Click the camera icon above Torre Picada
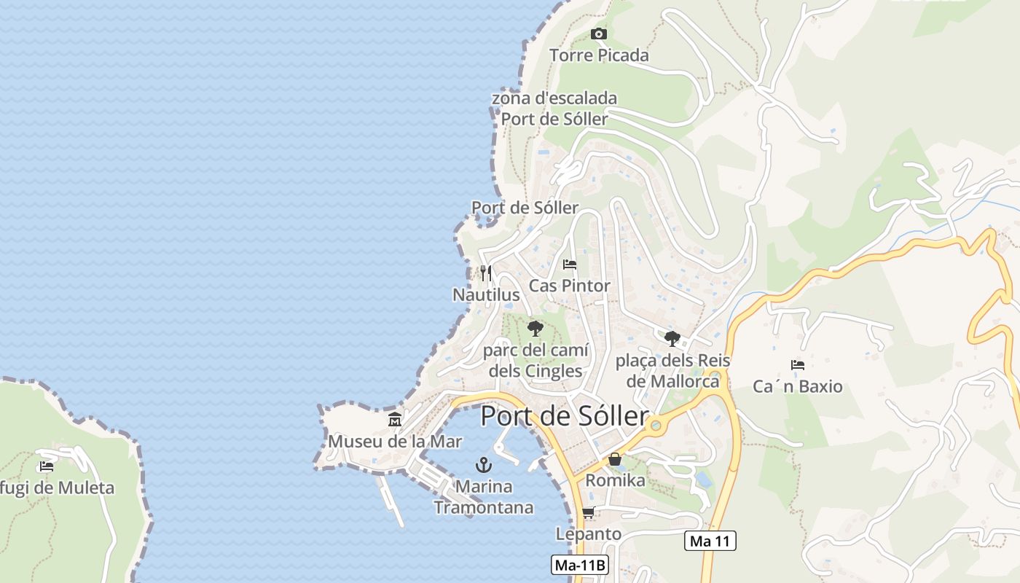599,34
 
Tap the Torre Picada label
599,55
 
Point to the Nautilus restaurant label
486,294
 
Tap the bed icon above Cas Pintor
570,264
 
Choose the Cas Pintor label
570,286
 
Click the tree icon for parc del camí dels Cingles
535,328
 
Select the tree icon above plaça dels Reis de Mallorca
672,338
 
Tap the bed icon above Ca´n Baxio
798,364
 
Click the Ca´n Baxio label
798,386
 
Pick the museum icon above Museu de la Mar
395,420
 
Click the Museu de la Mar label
395,442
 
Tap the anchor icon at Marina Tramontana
483,464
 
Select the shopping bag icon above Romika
616,459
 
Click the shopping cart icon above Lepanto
589,512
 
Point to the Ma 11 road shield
710,541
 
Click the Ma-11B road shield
579,565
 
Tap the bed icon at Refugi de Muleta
47,466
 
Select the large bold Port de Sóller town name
565,416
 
